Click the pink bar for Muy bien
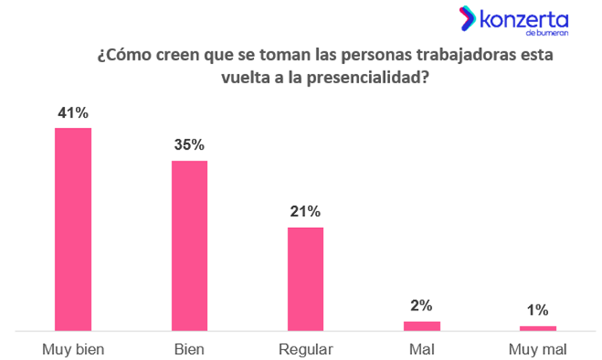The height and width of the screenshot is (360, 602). tap(72, 229)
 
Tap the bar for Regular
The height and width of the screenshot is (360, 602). tap(305, 278)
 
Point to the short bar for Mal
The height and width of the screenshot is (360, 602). tap(421, 326)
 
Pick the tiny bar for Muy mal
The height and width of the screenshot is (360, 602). tap(538, 328)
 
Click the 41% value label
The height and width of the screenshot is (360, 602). tap(72, 113)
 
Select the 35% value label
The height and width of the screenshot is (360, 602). tap(189, 145)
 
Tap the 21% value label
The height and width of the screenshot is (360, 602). tap(305, 212)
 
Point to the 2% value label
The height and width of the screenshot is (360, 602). tap(421, 306)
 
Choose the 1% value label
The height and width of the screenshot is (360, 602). tap(538, 310)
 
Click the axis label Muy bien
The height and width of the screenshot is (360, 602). tap(72, 348)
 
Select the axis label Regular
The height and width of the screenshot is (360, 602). tap(305, 348)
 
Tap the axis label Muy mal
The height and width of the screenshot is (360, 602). tap(538, 348)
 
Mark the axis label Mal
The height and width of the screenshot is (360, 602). tap(421, 348)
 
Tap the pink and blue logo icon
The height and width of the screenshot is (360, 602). tap(465, 18)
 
